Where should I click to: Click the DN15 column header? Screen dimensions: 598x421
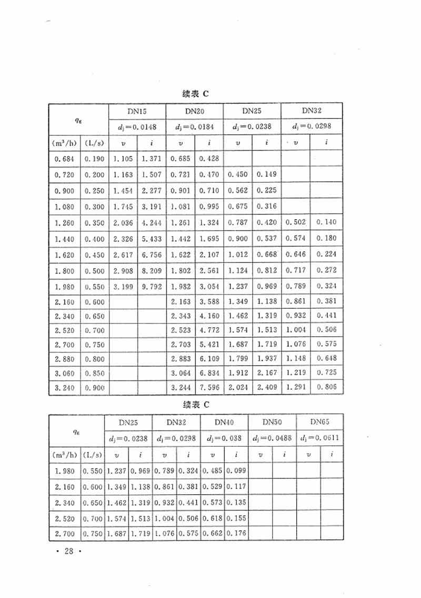[x=137, y=112]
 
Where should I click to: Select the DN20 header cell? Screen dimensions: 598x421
[x=195, y=112]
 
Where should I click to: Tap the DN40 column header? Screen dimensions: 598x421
[x=224, y=422]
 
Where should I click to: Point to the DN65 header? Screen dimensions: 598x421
[x=319, y=422]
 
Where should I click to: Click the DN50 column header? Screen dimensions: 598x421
[x=272, y=422]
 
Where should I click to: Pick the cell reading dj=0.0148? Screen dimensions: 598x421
[x=137, y=126]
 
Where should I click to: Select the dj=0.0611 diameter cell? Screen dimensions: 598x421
[x=319, y=438]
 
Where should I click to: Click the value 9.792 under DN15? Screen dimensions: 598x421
[x=151, y=287]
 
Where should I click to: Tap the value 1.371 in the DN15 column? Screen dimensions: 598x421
[x=151, y=159]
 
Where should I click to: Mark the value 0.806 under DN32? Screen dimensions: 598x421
[x=326, y=388]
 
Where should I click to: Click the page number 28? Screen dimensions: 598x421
[x=67, y=552]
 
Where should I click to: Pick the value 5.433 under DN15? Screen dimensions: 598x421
[x=151, y=239]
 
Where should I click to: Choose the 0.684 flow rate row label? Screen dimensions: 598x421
[x=65, y=159]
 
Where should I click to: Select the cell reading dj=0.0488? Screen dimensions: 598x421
[x=272, y=438]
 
